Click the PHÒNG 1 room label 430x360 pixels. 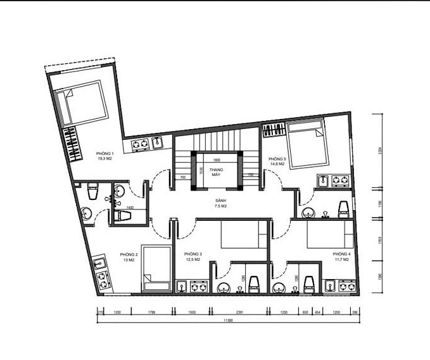click(x=104, y=156)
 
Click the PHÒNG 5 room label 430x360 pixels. click(x=277, y=161)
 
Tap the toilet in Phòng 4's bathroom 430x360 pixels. click(x=310, y=282)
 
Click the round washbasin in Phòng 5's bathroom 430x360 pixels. click(x=308, y=211)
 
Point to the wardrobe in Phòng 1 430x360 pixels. click(x=73, y=144)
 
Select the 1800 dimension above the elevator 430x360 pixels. click(x=216, y=160)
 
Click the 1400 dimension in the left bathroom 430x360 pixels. click(x=130, y=208)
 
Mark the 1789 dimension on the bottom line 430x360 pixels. click(x=151, y=313)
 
